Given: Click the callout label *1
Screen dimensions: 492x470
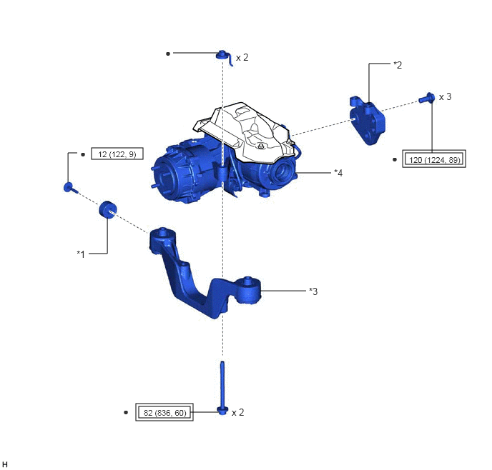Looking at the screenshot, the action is tap(81, 254).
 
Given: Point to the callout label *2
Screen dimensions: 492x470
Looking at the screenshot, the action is tap(398, 65).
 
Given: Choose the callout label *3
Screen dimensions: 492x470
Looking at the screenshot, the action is tap(313, 291).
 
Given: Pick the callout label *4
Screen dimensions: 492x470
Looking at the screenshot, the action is tap(338, 173).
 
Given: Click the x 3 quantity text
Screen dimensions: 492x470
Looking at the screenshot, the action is tap(445, 97).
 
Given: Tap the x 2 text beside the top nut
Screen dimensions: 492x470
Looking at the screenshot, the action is tap(242, 57).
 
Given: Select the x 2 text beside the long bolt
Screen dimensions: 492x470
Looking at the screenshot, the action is tap(237, 412).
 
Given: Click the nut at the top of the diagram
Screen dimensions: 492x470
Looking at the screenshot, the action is tap(222, 54).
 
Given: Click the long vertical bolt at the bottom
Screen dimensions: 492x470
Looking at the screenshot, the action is tap(222, 388).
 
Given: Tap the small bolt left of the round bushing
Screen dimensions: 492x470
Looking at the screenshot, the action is tap(70, 187).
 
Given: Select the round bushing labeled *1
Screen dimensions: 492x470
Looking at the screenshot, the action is tap(107, 209).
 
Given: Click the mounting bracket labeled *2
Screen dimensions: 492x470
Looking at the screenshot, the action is tap(367, 121).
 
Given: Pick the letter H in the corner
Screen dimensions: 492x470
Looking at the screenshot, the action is tap(4, 464).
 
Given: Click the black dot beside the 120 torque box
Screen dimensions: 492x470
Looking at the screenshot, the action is tap(395, 159).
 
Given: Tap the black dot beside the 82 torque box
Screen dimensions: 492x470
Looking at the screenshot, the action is tap(126, 412).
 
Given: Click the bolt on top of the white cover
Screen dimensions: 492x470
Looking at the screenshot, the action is tap(260, 146).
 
